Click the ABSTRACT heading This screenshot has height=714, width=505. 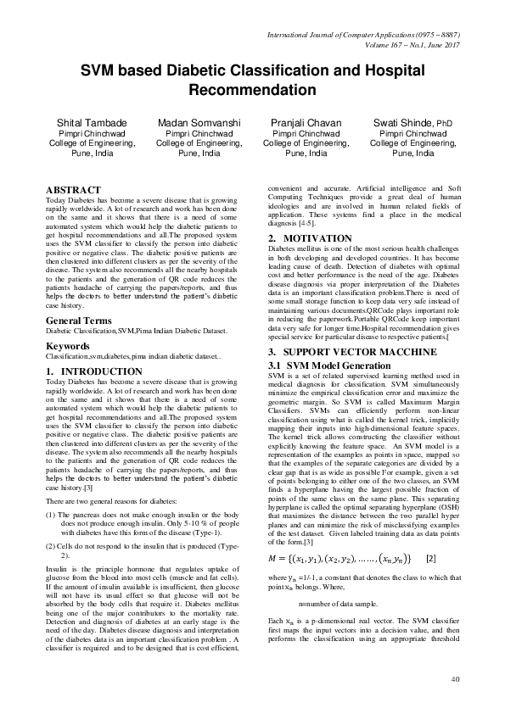pyautogui.click(x=73, y=190)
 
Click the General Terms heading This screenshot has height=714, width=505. pyautogui.click(x=78, y=321)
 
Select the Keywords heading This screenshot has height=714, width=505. pyautogui.click(x=68, y=347)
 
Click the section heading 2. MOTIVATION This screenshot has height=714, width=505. pyautogui.click(x=310, y=238)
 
